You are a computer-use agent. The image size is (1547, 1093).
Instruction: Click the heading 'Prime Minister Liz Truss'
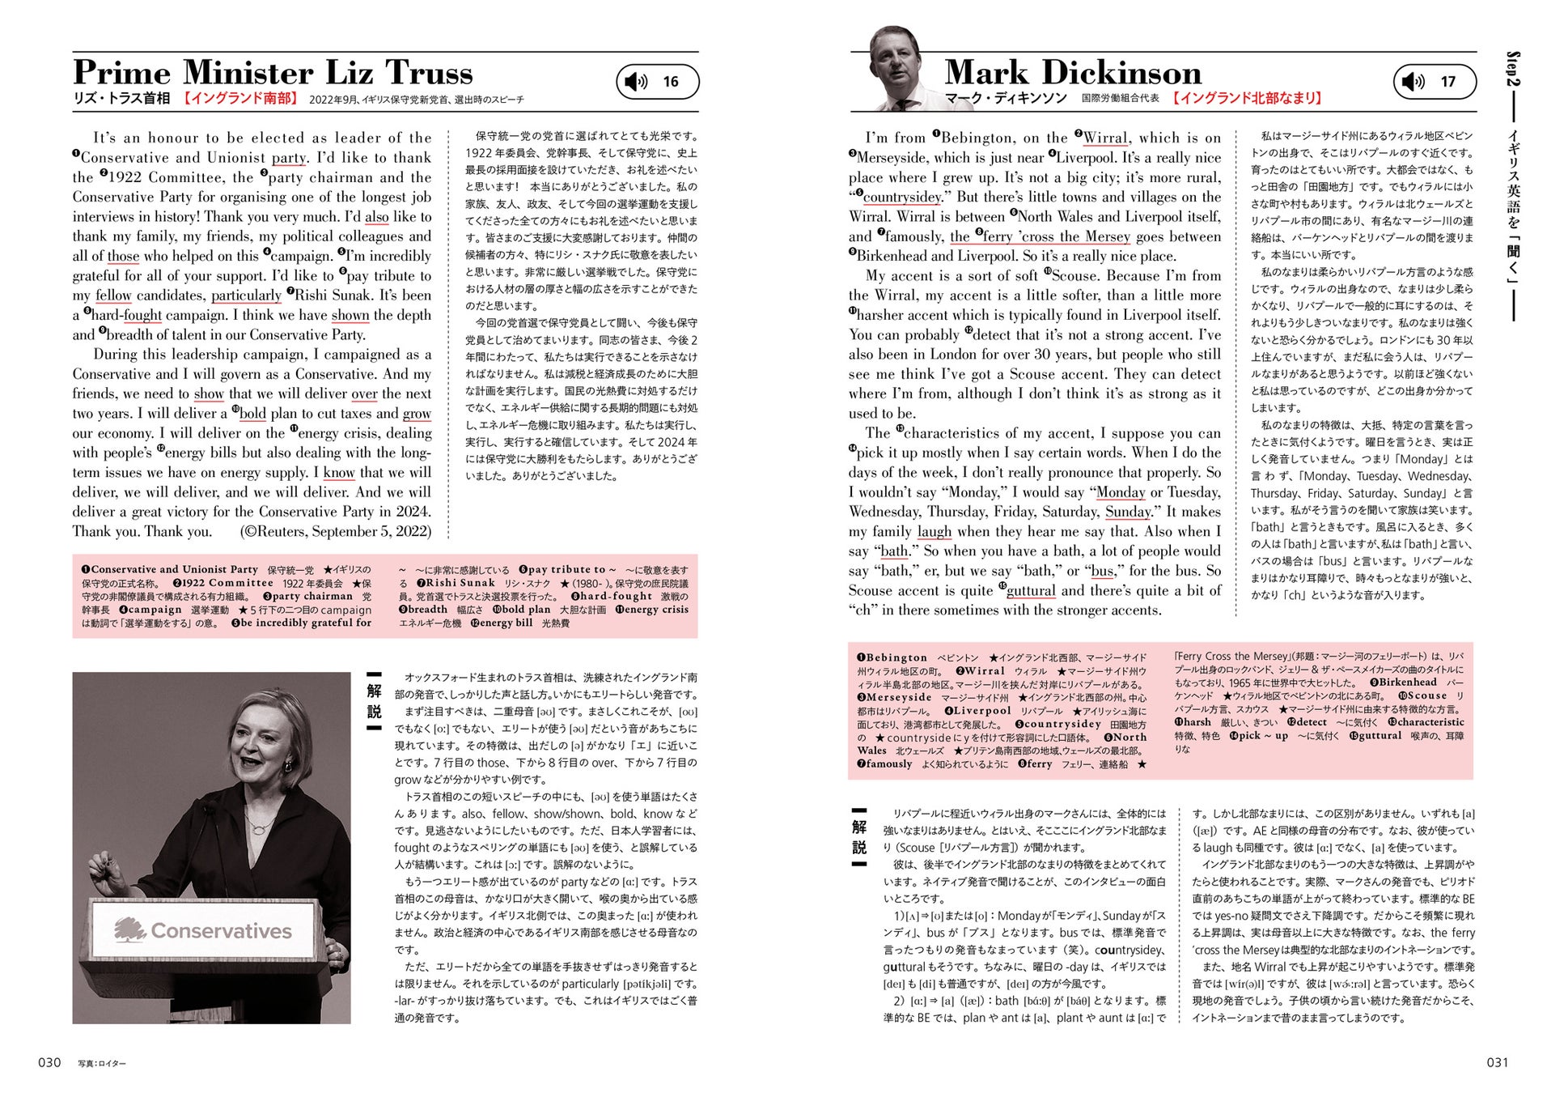[x=273, y=73]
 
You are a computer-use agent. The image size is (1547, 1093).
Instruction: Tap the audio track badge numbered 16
[x=657, y=82]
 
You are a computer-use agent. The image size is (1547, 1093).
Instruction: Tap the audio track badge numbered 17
[x=1434, y=82]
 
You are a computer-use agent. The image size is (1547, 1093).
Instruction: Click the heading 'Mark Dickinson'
[x=1073, y=73]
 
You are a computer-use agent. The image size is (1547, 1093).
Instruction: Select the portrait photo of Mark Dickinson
[x=899, y=68]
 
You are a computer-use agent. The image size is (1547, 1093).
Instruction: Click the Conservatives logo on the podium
[x=203, y=930]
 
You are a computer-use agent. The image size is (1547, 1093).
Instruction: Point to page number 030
[x=49, y=1062]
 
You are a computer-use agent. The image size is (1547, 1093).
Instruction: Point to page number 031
[x=1497, y=1062]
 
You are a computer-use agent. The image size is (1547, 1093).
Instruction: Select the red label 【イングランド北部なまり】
[x=1247, y=98]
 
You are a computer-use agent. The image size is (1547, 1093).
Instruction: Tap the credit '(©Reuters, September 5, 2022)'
[x=335, y=532]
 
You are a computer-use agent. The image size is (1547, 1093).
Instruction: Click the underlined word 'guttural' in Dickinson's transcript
[x=1031, y=591]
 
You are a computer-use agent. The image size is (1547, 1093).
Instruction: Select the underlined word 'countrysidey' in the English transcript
[x=902, y=198]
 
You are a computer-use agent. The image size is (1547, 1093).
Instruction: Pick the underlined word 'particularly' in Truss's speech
[x=246, y=296]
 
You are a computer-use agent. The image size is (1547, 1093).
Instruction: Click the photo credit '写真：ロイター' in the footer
[x=102, y=1063]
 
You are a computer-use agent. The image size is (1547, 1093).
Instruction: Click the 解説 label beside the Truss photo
[x=374, y=700]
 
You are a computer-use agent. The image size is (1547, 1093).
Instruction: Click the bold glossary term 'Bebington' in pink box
[x=896, y=657]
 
